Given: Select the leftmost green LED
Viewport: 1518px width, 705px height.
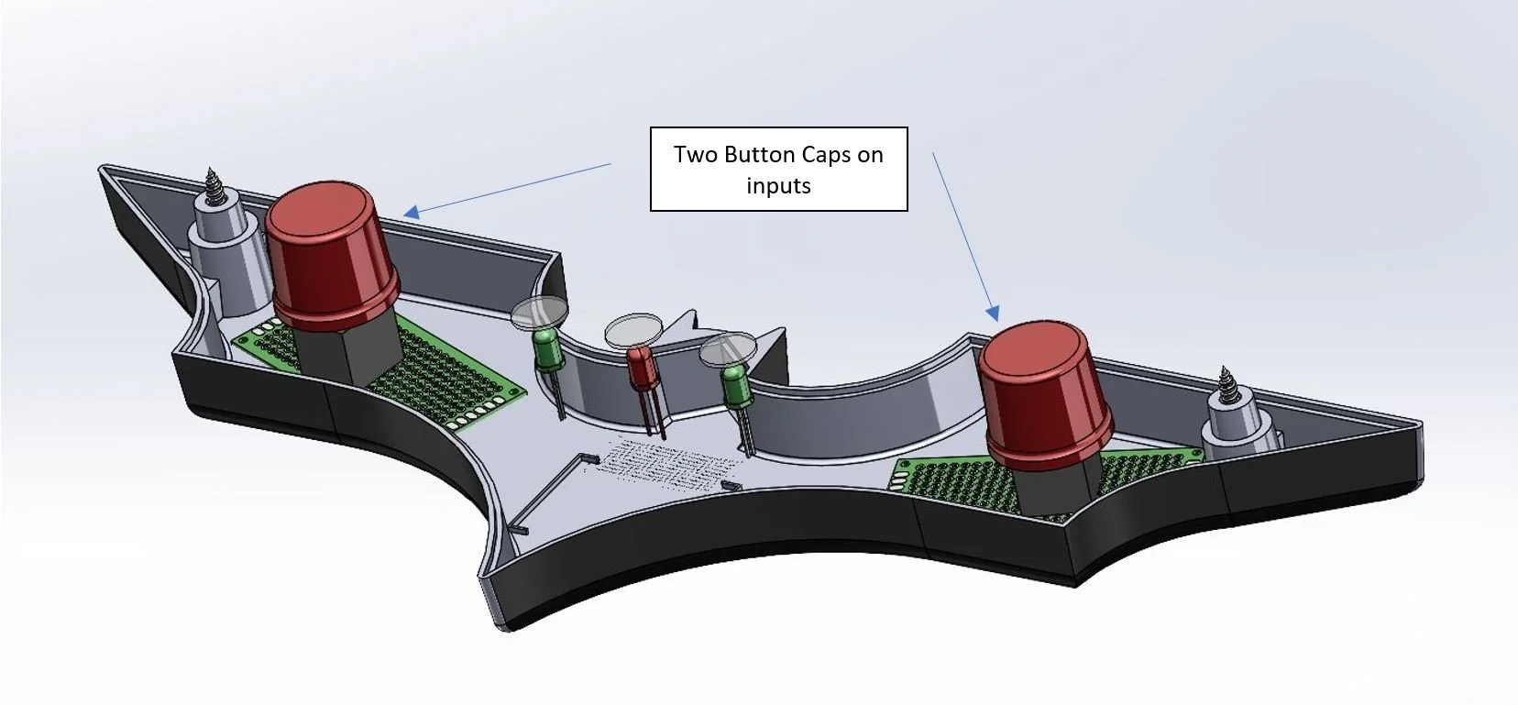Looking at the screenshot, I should coord(547,352).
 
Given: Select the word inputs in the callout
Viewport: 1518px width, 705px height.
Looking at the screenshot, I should coord(778,186).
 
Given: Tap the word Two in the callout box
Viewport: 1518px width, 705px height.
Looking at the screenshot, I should coord(696,155).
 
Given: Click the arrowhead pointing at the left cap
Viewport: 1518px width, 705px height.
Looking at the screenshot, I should coord(411,212).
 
